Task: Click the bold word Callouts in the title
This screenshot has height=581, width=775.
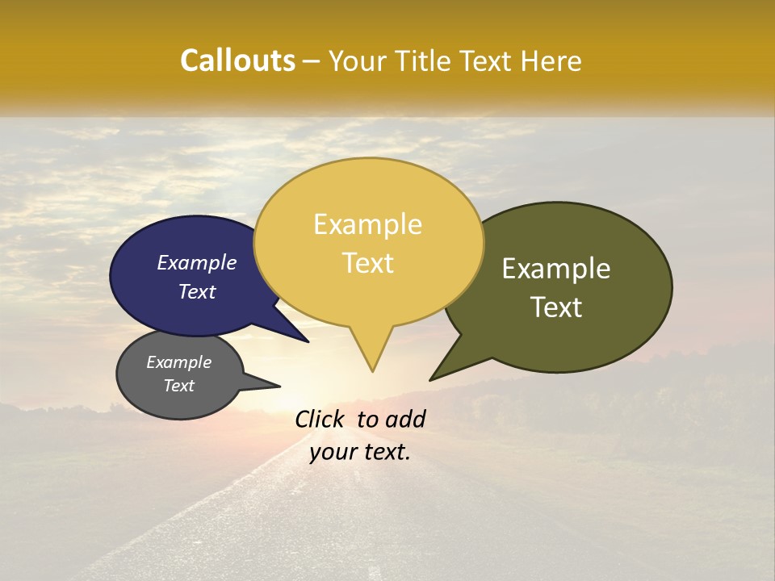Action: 237,61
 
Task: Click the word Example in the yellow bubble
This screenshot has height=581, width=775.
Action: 368,224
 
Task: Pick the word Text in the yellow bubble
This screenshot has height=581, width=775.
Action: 368,262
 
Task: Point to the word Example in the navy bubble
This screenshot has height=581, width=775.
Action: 197,262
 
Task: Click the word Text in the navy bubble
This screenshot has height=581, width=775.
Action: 197,291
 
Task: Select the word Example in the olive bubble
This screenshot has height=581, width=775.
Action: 556,269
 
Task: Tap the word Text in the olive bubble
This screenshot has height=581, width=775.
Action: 556,307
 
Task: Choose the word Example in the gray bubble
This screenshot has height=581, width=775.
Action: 179,362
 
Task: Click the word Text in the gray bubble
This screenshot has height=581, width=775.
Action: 179,386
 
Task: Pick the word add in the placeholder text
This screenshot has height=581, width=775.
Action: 405,419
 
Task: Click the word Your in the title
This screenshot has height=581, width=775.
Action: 356,61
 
